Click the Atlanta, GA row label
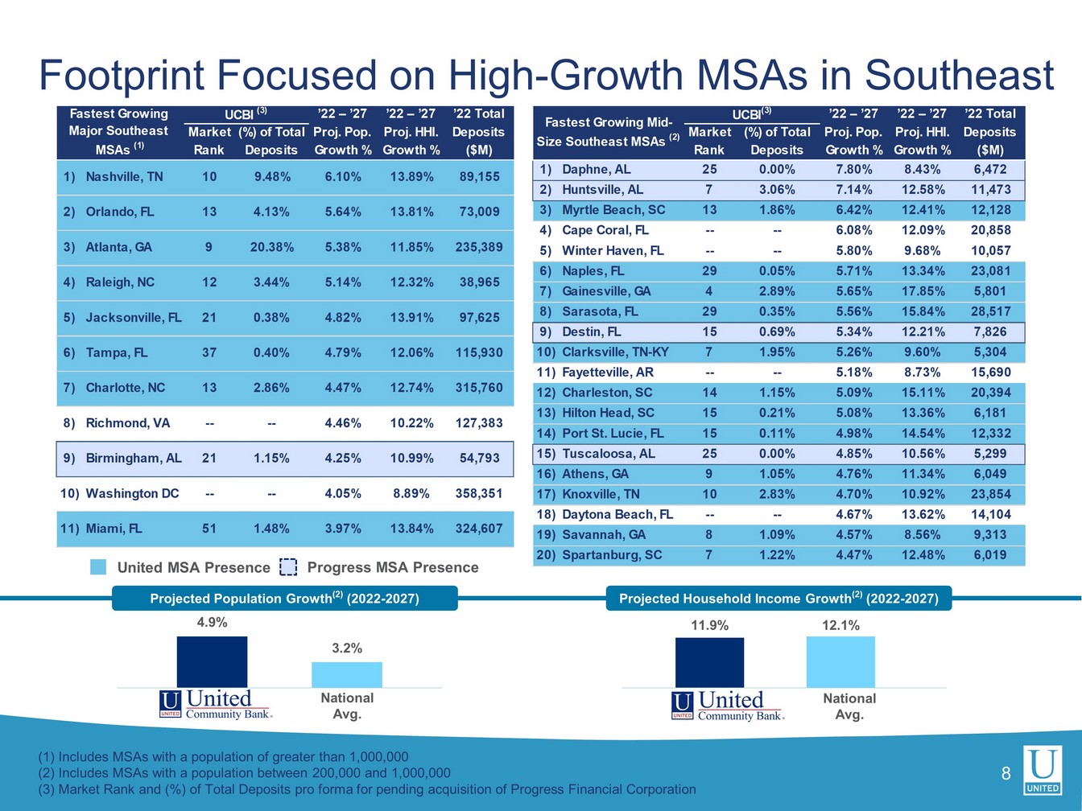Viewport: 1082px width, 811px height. [x=118, y=247]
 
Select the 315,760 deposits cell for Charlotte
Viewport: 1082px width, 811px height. [x=479, y=388]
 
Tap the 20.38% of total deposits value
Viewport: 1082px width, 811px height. [x=271, y=247]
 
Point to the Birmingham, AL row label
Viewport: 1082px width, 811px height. [x=133, y=458]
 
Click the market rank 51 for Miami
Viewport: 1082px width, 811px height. [x=209, y=529]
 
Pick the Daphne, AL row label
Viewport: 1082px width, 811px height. [x=596, y=170]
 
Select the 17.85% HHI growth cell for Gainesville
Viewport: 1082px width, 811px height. [x=922, y=291]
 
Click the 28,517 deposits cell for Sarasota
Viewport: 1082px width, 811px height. [x=990, y=311]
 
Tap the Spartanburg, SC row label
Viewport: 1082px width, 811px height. [x=611, y=555]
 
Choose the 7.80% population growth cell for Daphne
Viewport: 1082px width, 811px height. [x=853, y=170]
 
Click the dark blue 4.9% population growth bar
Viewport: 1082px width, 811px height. [x=212, y=661]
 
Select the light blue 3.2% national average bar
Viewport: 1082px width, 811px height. [x=347, y=674]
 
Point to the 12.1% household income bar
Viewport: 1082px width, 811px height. [x=840, y=661]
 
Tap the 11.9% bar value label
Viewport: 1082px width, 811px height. [x=709, y=625]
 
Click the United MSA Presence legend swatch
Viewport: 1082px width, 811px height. [x=98, y=567]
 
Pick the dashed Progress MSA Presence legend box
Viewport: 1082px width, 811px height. [x=288, y=567]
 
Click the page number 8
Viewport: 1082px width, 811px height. [x=1006, y=774]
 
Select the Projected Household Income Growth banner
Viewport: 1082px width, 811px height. [x=778, y=599]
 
